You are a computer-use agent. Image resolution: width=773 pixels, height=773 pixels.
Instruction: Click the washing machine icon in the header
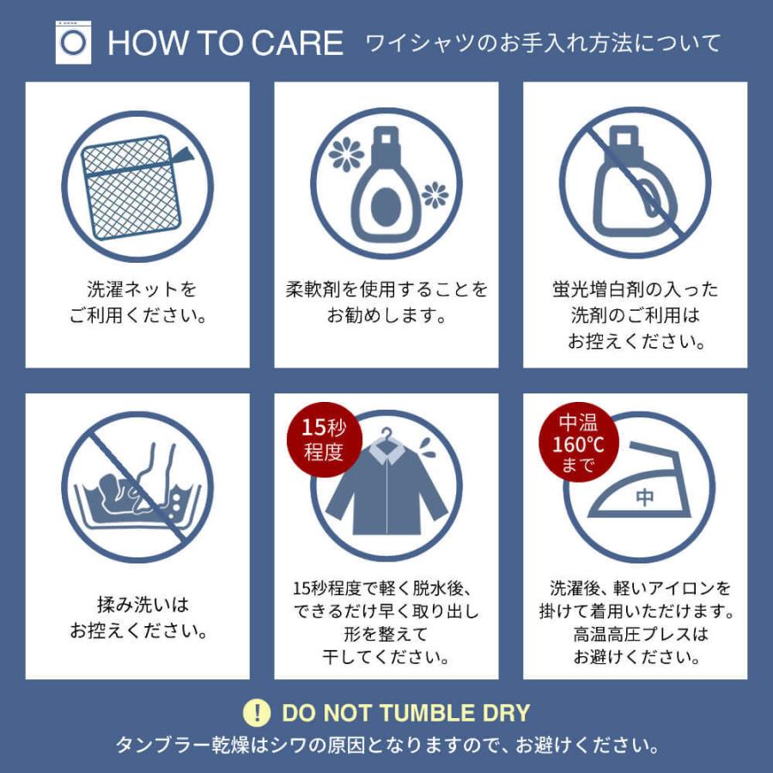(x=73, y=41)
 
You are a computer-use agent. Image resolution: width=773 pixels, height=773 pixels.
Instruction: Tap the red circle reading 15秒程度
(x=323, y=440)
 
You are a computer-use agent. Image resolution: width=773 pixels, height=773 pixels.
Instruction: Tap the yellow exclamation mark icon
(x=256, y=712)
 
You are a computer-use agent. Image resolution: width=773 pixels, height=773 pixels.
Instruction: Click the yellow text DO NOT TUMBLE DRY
(x=405, y=713)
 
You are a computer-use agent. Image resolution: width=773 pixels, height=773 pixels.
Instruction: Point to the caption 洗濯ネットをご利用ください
(x=137, y=301)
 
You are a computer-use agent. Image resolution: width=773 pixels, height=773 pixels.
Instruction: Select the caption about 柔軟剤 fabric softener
(x=386, y=301)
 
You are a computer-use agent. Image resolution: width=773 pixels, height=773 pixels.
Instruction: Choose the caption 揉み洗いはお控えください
(x=137, y=618)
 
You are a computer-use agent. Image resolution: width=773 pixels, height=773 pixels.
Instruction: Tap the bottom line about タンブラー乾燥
(x=386, y=743)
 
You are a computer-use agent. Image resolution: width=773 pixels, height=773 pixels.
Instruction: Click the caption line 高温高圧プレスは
(x=636, y=635)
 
